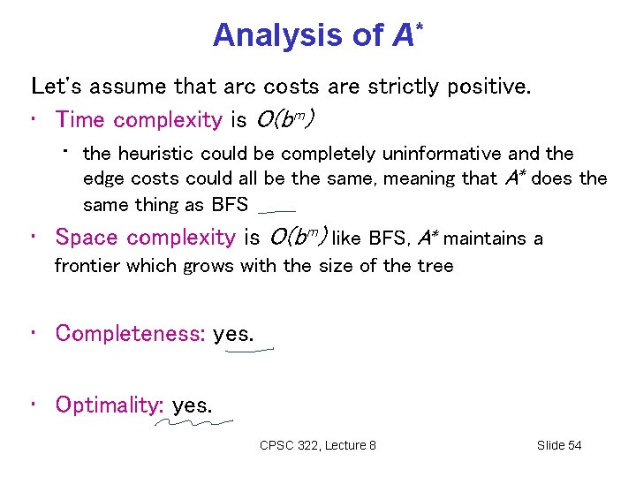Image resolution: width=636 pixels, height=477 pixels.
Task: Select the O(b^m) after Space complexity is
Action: tap(298, 238)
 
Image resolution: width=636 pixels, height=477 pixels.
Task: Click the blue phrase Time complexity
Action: tap(139, 119)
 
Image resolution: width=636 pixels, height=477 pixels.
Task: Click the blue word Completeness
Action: tap(130, 333)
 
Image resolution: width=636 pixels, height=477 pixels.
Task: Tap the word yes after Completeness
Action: tap(233, 333)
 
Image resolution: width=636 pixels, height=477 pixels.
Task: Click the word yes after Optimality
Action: tap(192, 405)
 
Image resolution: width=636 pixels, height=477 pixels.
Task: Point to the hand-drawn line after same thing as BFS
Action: tap(276, 212)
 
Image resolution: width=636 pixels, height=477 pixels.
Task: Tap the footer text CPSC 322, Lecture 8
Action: tap(318, 445)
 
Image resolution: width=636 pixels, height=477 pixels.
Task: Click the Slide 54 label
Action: tap(559, 445)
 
